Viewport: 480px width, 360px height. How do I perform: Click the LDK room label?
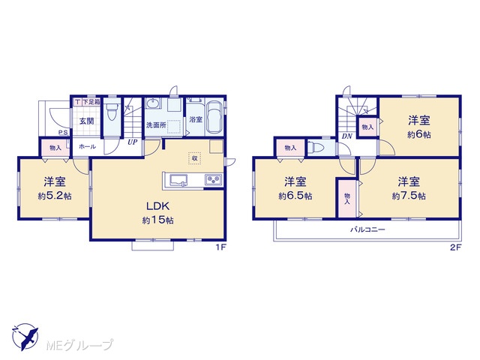point(158,206)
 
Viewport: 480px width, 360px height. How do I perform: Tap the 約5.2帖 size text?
point(55,196)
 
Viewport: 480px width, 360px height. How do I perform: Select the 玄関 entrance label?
point(87,121)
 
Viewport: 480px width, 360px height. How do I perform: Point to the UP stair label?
point(132,142)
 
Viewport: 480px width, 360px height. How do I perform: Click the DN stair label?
point(347,136)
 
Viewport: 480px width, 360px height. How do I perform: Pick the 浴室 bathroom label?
point(196,119)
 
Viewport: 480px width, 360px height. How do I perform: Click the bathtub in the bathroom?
point(214,117)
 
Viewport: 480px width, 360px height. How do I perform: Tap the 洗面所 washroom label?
point(156,125)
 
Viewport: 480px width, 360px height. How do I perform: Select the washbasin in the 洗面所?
point(153,103)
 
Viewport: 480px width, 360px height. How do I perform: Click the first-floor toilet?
point(112,112)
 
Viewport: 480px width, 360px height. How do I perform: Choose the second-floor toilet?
point(316,148)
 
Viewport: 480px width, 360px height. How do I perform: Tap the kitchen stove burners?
point(213,179)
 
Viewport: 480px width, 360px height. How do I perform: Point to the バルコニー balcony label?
point(367,229)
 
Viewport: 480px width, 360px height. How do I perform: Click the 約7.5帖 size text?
point(409,196)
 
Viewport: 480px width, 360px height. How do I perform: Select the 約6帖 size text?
point(418,135)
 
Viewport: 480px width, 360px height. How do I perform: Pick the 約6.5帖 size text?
point(295,196)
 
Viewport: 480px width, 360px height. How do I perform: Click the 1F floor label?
point(220,247)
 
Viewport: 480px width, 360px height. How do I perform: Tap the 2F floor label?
point(455,247)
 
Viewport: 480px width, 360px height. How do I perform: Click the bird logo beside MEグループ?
point(25,337)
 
